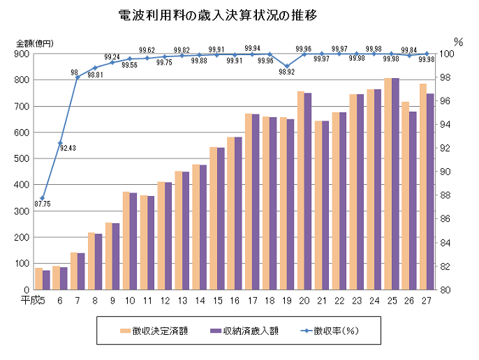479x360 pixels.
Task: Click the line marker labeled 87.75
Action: (43, 198)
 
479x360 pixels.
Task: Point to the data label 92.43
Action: (68, 147)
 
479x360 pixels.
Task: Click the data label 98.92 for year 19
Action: (286, 72)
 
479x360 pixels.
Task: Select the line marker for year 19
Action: (287, 66)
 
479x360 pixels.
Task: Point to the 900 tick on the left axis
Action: (22, 54)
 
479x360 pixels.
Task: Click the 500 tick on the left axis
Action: (22, 158)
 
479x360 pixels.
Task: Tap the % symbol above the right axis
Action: (458, 42)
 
